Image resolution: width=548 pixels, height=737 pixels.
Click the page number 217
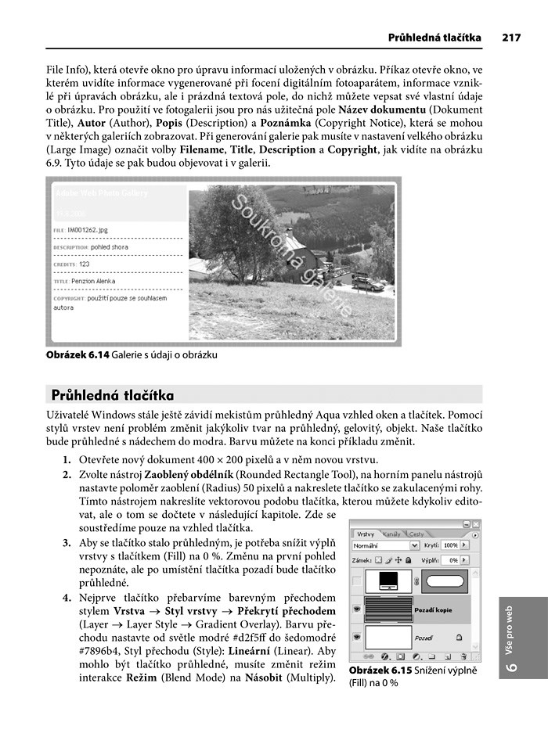pyautogui.click(x=512, y=37)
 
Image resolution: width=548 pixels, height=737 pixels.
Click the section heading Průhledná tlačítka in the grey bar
pyautogui.click(x=113, y=395)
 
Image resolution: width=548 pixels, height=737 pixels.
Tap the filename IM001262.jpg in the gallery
pyautogui.click(x=88, y=231)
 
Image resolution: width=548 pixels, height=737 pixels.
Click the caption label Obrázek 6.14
pyautogui.click(x=78, y=354)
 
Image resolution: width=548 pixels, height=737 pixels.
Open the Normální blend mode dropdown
pyautogui.click(x=386, y=545)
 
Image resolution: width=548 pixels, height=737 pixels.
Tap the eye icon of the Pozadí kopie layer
pyautogui.click(x=358, y=608)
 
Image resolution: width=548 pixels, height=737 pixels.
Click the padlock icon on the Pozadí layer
pyautogui.click(x=459, y=638)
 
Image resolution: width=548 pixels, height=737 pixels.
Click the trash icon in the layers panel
pyautogui.click(x=465, y=657)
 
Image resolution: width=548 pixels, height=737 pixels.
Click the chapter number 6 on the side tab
pyautogui.click(x=513, y=667)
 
